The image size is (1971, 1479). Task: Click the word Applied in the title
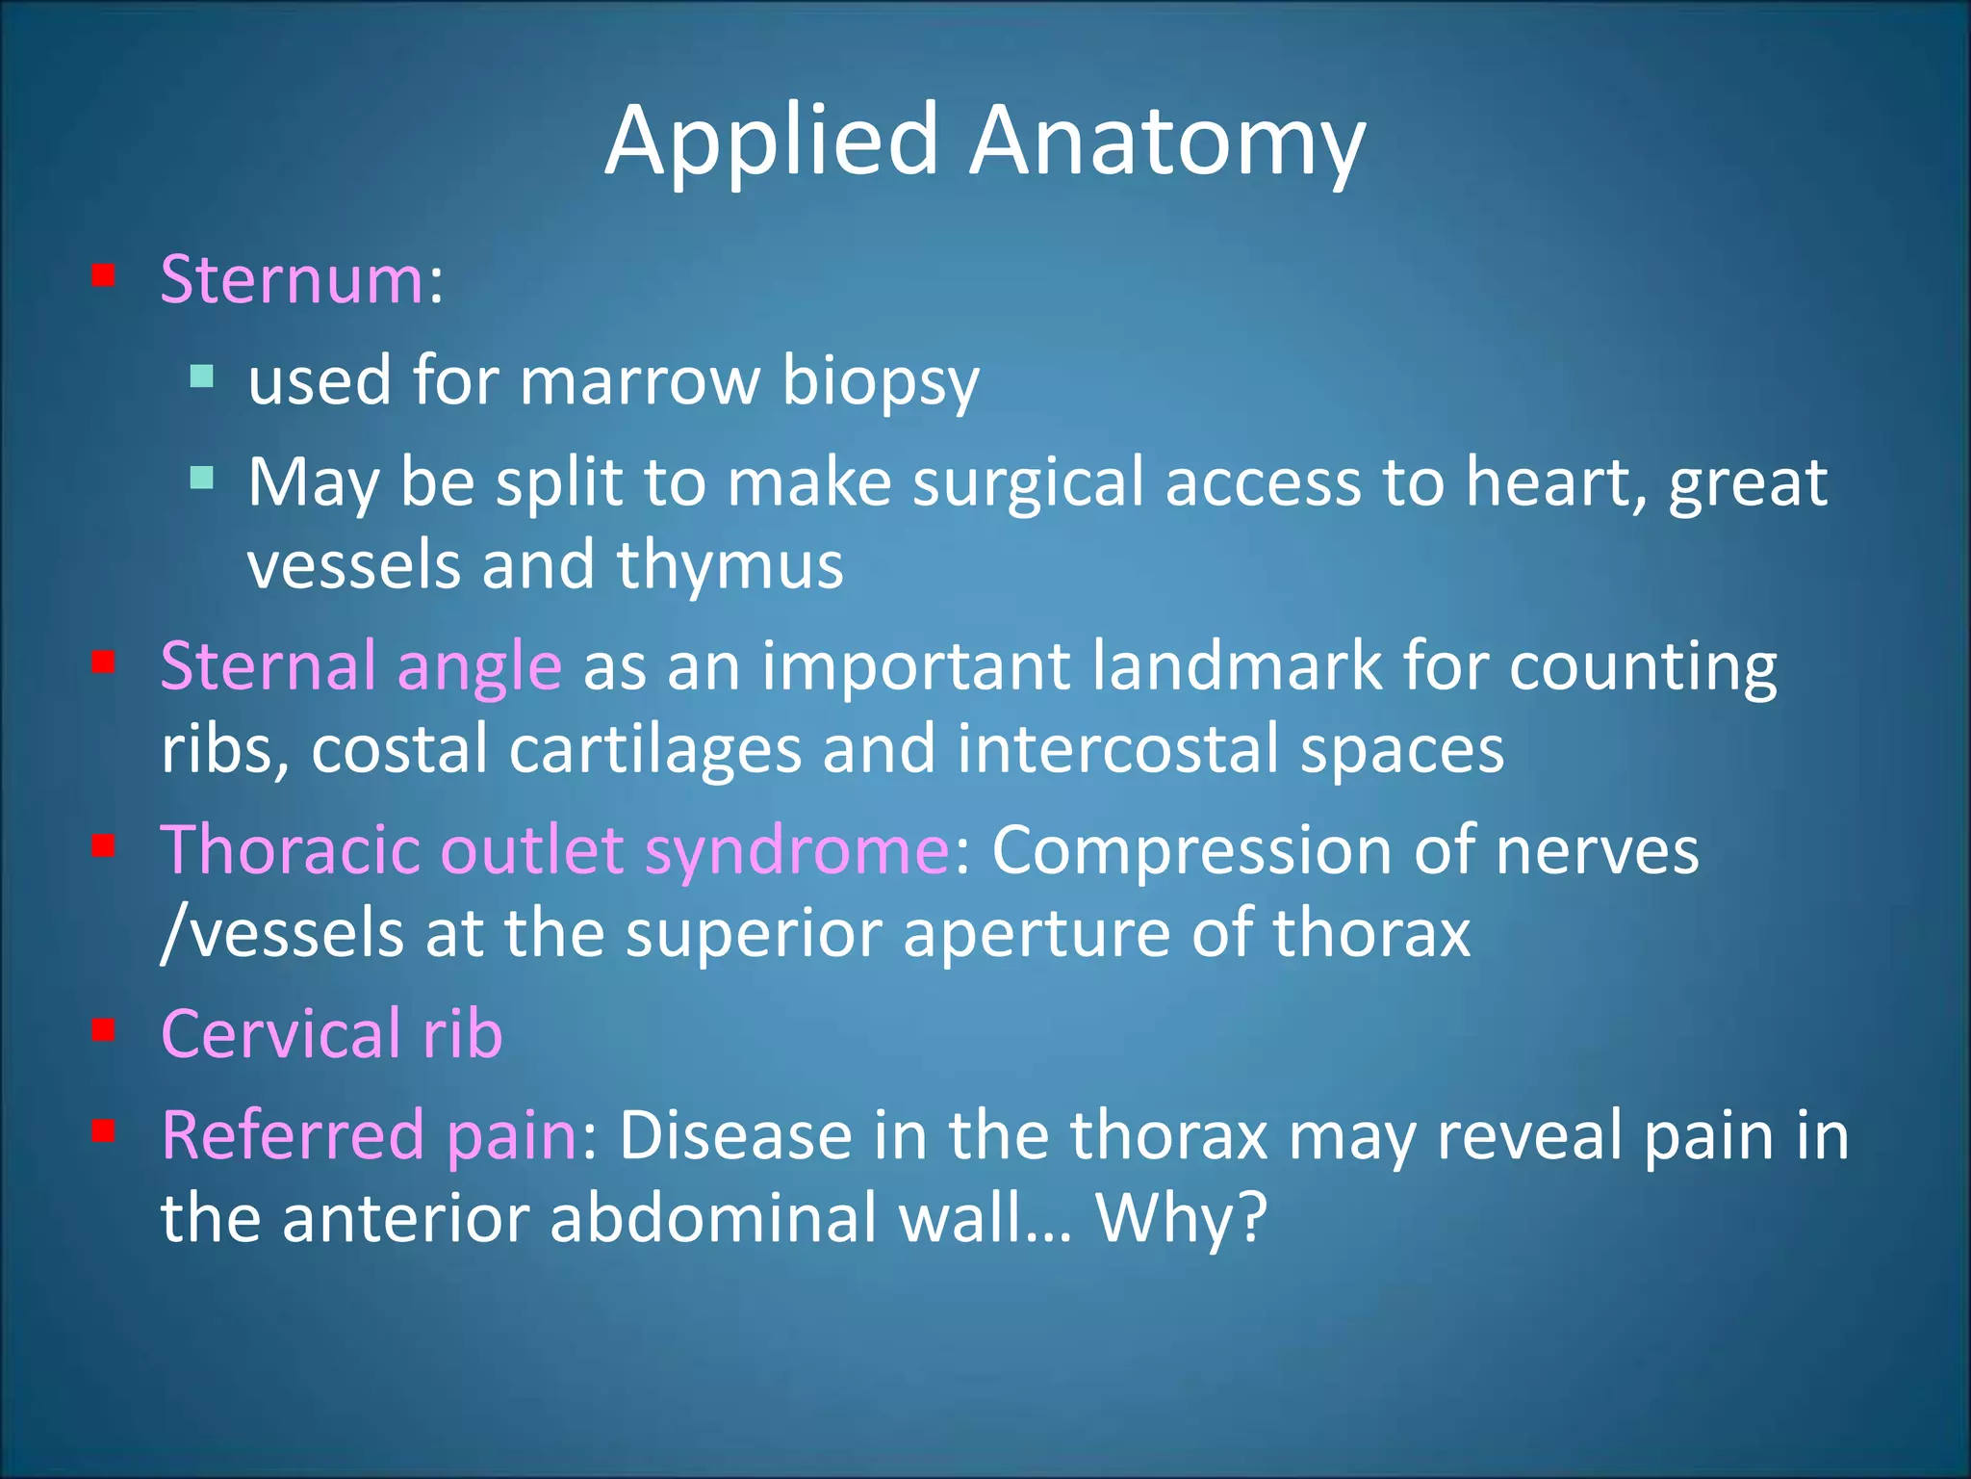click(x=771, y=142)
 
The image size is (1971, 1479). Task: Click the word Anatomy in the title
click(x=1166, y=142)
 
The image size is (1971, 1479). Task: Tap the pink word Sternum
click(x=292, y=280)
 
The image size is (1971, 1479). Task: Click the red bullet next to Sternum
click(x=104, y=277)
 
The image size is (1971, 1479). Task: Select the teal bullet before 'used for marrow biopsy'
click(x=201, y=376)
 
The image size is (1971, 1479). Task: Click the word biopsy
click(x=880, y=381)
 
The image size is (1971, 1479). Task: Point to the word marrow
click(x=640, y=381)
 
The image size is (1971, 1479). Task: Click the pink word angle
click(x=478, y=666)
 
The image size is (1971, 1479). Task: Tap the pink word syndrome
click(x=797, y=851)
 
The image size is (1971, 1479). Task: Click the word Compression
click(x=1191, y=851)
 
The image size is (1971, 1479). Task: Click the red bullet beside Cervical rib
click(x=104, y=1030)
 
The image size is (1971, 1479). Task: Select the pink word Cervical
click(x=280, y=1034)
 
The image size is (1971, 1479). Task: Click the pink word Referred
click(x=292, y=1136)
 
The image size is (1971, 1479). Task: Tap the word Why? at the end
click(x=1181, y=1219)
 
